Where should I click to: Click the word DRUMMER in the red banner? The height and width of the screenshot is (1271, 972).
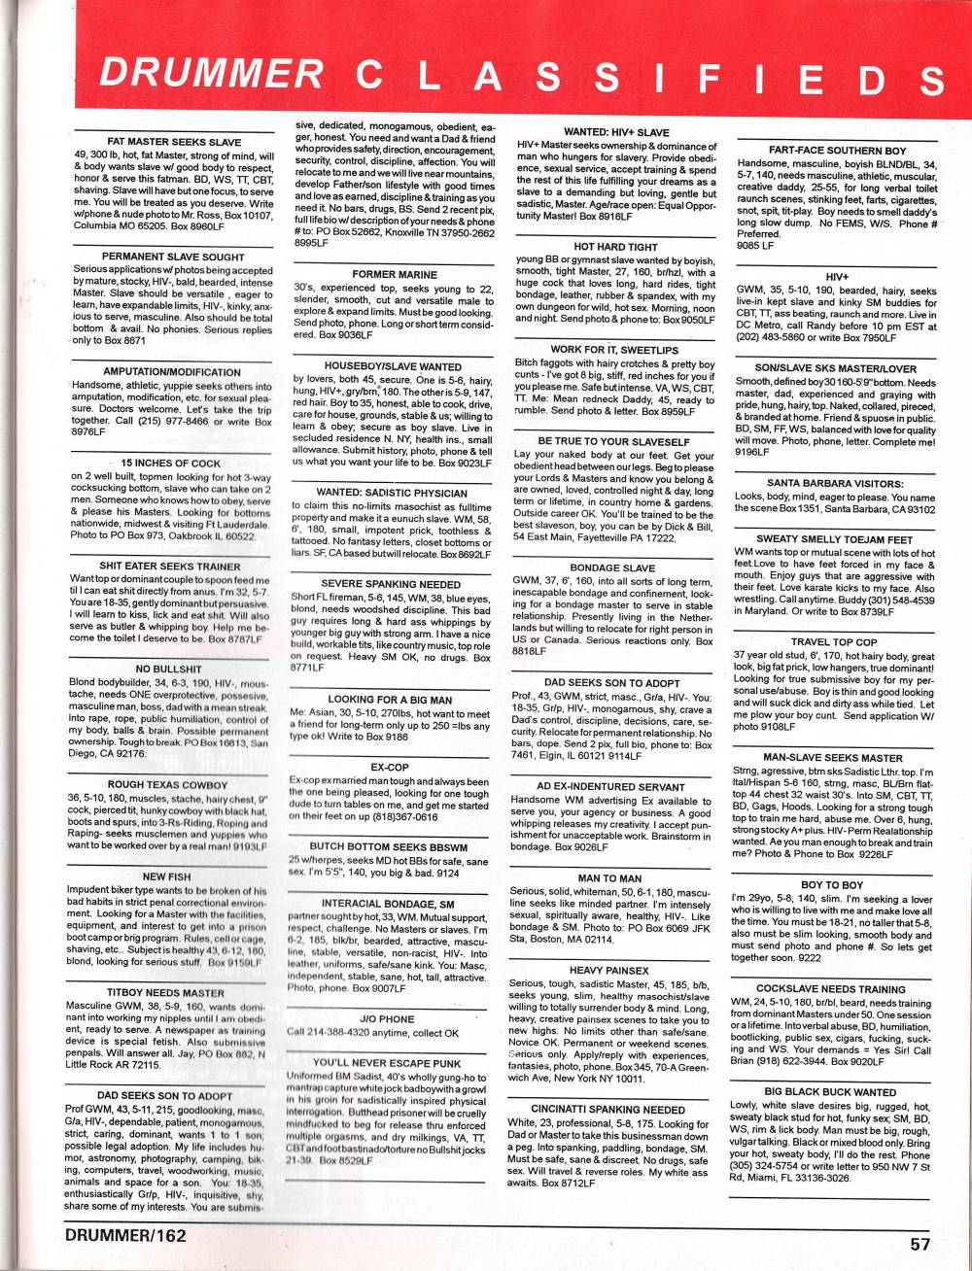point(211,75)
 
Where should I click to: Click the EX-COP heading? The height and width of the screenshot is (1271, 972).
point(390,767)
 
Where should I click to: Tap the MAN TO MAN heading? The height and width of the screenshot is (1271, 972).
point(609,878)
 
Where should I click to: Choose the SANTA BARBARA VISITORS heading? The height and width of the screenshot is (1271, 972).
point(835,483)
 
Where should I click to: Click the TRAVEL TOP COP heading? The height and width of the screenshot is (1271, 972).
point(834,642)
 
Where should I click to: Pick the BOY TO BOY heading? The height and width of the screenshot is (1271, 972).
point(832,885)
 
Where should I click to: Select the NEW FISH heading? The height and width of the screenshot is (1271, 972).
point(167,876)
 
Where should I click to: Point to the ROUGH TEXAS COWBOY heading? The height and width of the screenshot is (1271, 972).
point(167,784)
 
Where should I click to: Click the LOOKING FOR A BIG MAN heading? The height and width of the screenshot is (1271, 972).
point(390,700)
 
